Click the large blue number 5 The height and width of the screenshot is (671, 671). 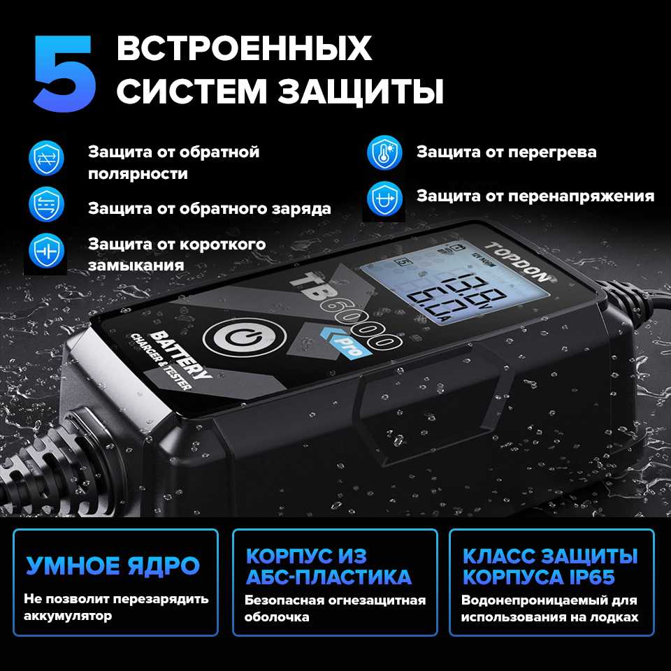65,73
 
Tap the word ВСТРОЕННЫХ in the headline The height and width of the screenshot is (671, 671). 244,48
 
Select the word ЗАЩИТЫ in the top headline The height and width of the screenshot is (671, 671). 361,91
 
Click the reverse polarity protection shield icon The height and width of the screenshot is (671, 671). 46,159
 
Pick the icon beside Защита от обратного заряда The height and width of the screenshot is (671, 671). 46,205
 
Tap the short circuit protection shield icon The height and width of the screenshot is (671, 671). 46,251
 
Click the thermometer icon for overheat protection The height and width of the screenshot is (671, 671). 384,153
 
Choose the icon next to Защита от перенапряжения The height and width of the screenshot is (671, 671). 384,199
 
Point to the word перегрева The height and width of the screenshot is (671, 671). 552,153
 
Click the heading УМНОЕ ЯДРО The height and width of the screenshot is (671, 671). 113,565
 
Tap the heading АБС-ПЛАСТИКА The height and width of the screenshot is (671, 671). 329,577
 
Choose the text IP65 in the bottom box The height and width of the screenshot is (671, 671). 592,577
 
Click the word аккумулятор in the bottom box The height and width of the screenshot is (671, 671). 68,616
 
